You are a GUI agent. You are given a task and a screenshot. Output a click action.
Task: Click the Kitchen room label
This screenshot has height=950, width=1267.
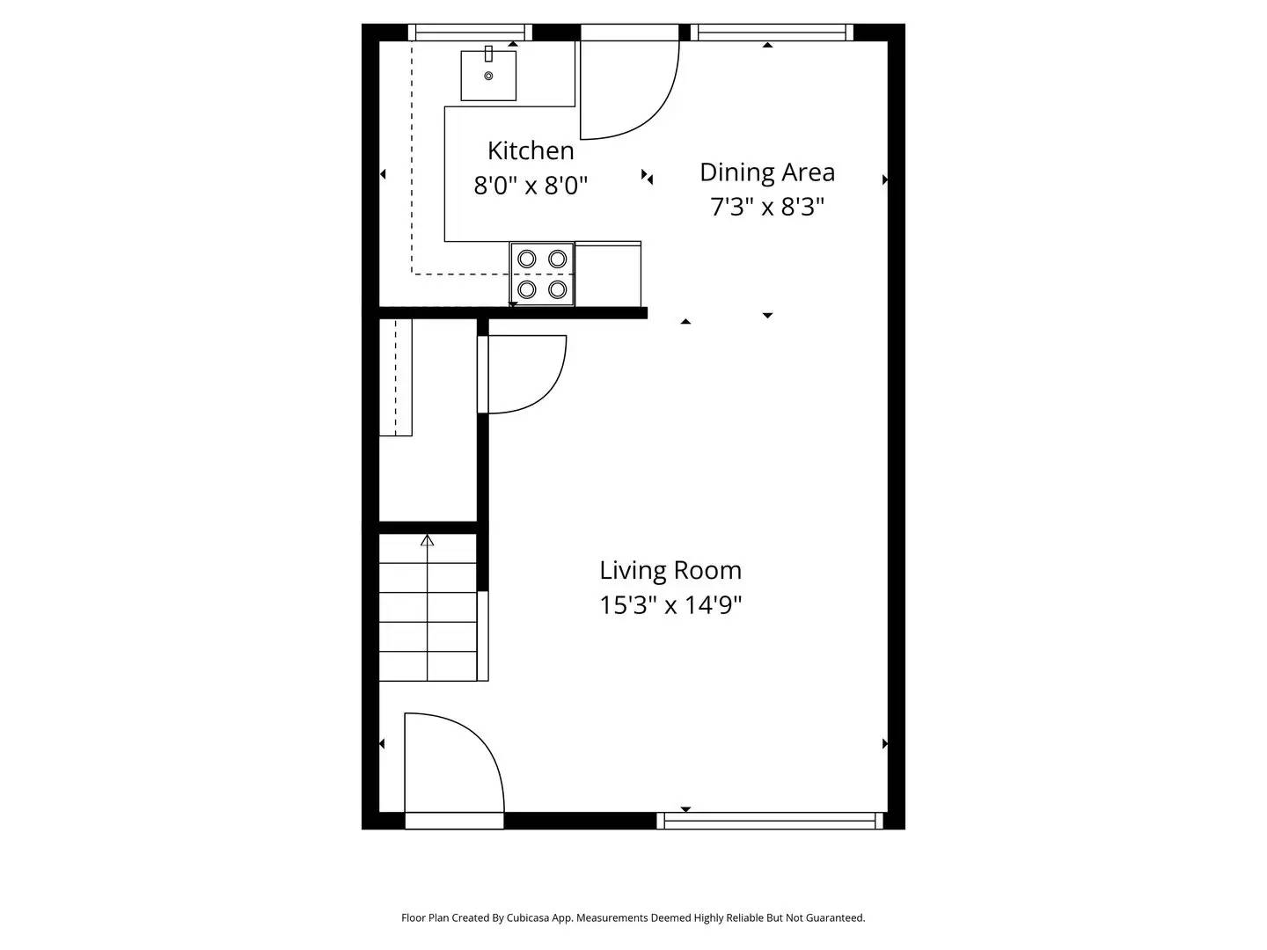point(531,150)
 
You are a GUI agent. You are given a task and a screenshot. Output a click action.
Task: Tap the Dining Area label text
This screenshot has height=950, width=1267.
point(766,172)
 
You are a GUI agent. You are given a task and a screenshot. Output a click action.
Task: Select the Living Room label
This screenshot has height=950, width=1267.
point(670,570)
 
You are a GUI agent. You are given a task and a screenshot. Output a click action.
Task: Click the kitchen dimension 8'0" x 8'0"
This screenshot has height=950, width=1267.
point(531,186)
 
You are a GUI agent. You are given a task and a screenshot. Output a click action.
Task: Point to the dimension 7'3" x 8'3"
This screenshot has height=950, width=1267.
point(766,207)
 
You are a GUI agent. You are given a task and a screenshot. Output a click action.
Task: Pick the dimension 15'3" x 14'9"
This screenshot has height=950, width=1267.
point(670,605)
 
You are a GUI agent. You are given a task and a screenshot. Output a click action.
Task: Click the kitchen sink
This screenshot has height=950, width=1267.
point(488,76)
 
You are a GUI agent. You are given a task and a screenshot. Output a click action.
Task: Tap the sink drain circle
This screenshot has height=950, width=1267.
point(488,77)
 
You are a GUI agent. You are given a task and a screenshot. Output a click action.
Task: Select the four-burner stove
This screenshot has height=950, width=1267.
point(542,274)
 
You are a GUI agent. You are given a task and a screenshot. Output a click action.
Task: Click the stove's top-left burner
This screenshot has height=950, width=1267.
point(527,259)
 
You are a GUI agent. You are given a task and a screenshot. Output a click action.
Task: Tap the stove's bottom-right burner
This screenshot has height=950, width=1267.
point(557,289)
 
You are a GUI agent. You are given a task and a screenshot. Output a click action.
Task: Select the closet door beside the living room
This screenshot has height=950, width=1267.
point(521,375)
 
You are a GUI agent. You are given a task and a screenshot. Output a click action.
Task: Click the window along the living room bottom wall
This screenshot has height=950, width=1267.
point(770,821)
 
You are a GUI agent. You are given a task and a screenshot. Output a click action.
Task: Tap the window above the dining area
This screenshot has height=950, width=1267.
point(772,33)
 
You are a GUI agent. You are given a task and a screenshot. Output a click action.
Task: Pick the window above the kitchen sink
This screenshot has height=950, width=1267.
point(470,33)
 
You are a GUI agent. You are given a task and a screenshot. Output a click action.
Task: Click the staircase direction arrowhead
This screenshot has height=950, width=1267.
point(428,540)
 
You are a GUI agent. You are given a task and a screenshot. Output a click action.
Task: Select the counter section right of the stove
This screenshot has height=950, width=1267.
point(608,274)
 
